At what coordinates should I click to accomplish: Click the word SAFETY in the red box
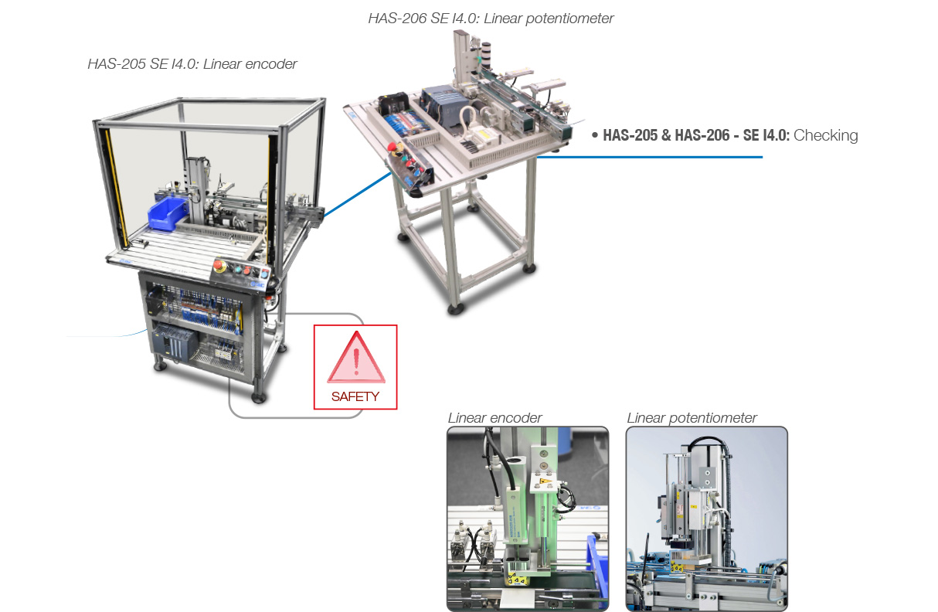(355, 396)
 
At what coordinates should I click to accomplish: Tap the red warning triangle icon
(356, 357)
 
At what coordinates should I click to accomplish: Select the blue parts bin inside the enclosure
(168, 213)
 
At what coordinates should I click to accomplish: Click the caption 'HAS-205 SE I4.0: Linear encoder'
(192, 63)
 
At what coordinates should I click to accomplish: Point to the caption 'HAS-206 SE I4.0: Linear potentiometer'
(491, 19)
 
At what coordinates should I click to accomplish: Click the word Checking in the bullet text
(825, 135)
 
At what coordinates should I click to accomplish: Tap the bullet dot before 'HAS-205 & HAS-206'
(595, 135)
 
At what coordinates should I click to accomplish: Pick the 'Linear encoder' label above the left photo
(494, 417)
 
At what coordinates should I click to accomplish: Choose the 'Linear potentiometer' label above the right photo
(692, 417)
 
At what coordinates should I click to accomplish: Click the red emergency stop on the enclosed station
(219, 266)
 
